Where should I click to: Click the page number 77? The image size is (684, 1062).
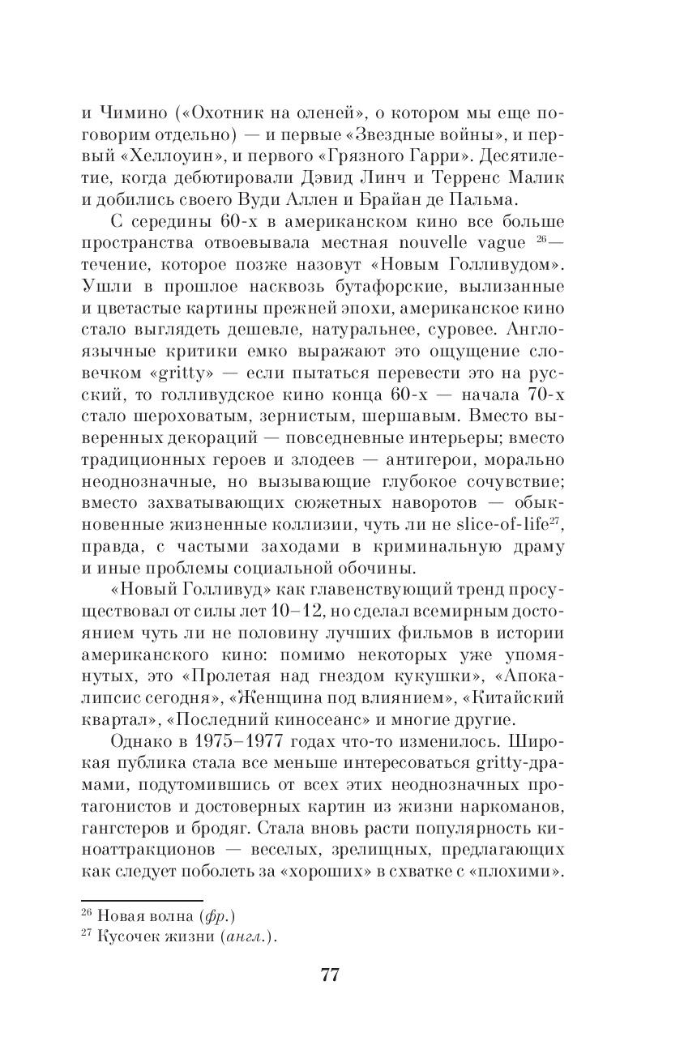[x=329, y=975]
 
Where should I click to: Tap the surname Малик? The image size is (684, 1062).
[x=540, y=177]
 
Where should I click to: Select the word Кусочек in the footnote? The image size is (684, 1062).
[x=123, y=938]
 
